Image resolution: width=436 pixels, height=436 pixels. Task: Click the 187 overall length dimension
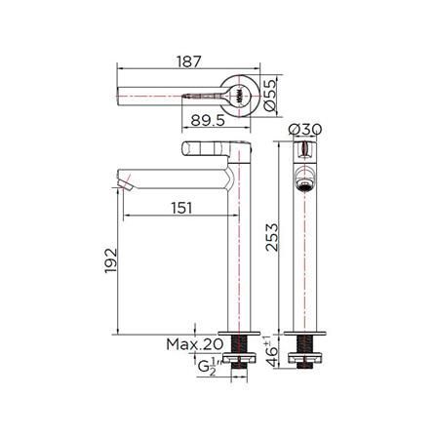click(x=190, y=60)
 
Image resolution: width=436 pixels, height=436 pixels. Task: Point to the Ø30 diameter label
click(x=308, y=131)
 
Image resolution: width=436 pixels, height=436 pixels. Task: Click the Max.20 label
click(x=195, y=344)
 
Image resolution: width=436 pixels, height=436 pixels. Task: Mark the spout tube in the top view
click(x=156, y=97)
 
